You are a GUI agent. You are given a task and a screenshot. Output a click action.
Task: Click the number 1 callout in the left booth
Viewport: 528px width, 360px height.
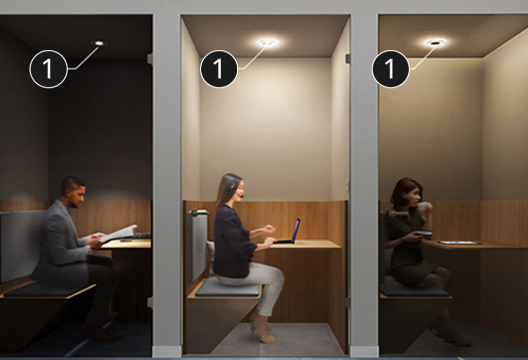[x=48, y=69]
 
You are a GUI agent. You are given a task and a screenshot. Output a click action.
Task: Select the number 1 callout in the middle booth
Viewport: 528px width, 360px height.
[x=219, y=69]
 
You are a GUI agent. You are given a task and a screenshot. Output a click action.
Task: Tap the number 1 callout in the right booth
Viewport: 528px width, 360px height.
[x=391, y=69]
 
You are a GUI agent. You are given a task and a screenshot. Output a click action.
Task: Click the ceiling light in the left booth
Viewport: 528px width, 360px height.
[x=99, y=43]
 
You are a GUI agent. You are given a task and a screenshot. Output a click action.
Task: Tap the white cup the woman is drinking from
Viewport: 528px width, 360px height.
[x=424, y=206]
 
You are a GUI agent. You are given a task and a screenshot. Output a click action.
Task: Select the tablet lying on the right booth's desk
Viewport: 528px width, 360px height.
[x=460, y=243]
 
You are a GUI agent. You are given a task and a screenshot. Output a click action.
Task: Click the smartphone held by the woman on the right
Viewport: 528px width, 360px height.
[x=424, y=233]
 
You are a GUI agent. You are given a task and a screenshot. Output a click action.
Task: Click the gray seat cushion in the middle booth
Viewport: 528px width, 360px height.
[x=228, y=287]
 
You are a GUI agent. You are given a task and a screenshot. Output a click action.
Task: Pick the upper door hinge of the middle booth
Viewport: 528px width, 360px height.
[x=347, y=59]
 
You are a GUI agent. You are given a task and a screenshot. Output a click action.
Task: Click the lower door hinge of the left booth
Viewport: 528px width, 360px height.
[x=150, y=302]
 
